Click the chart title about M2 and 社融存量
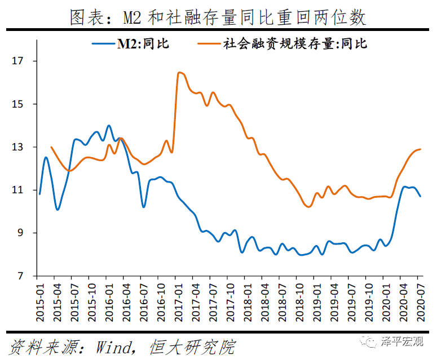click(x=218, y=17)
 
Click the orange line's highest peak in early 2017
click(x=179, y=72)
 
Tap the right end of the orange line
click(x=421, y=149)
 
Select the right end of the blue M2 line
click(x=421, y=196)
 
